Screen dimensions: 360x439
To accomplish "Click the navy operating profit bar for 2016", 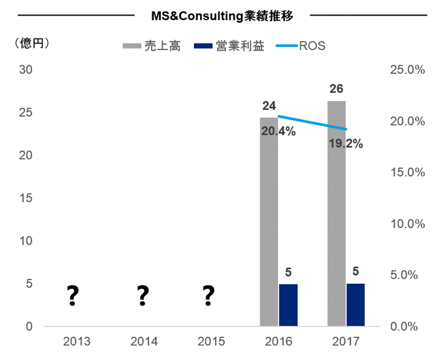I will pyautogui.click(x=288, y=305).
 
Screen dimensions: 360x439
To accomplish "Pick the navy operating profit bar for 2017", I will pyautogui.click(x=355, y=305).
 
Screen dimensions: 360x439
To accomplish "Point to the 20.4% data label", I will pyautogui.click(x=278, y=131).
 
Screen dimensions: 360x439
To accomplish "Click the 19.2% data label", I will pyautogui.click(x=346, y=145).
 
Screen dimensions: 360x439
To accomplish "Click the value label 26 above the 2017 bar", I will pyautogui.click(x=336, y=89).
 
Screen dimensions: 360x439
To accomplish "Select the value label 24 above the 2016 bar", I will pyautogui.click(x=269, y=106).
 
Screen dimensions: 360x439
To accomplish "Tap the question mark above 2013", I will pyautogui.click(x=73, y=296).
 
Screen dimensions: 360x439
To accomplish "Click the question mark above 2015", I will pyautogui.click(x=209, y=296).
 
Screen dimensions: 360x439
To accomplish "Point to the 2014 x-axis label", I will pyautogui.click(x=144, y=341).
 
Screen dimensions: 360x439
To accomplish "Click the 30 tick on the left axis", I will pyautogui.click(x=26, y=70).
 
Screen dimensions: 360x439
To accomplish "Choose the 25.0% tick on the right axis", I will pyautogui.click(x=407, y=70).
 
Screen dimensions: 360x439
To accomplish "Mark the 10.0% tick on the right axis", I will pyautogui.click(x=407, y=223).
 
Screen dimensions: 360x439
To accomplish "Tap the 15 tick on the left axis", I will pyautogui.click(x=26, y=198).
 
